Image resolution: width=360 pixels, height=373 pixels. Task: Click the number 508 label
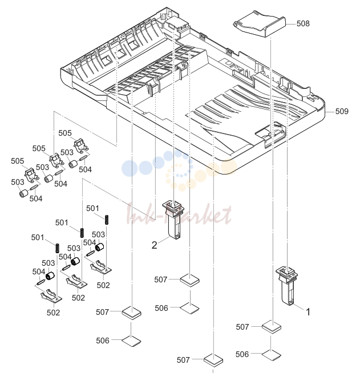tap(303, 23)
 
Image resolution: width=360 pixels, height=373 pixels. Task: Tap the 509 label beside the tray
tap(342, 111)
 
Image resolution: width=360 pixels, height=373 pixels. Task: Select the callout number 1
tap(308, 312)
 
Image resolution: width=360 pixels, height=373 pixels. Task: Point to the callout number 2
tap(155, 245)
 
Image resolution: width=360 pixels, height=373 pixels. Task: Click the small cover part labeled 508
tap(259, 24)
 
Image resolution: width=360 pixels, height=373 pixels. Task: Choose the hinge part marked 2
tap(173, 220)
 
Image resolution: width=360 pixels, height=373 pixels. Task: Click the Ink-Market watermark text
tap(179, 214)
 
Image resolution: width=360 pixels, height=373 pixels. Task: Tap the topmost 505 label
tap(65, 133)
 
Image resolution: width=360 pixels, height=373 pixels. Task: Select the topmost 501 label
tap(92, 208)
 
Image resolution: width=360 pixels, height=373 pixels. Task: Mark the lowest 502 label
tap(53, 313)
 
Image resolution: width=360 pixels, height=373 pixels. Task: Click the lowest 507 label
tap(183, 360)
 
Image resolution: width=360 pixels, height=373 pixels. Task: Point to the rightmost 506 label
tap(242, 354)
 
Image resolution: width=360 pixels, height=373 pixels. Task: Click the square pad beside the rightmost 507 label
tap(272, 327)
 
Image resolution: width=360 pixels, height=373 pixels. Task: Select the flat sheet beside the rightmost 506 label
tap(272, 355)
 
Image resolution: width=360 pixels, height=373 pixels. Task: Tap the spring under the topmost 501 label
tap(107, 220)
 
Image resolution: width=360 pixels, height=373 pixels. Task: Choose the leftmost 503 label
tap(17, 182)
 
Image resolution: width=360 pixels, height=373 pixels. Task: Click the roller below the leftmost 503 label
tap(23, 193)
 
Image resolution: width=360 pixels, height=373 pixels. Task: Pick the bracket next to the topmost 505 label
tap(81, 145)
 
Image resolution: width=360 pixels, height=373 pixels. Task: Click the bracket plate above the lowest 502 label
tap(51, 296)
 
